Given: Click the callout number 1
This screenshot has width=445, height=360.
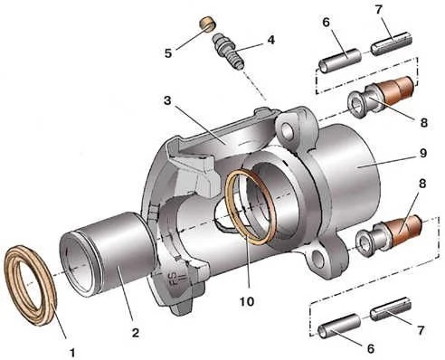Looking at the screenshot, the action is click(x=72, y=352).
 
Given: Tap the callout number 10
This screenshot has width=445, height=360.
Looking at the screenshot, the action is click(x=247, y=301).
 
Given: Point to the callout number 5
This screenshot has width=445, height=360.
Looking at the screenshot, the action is click(x=168, y=53).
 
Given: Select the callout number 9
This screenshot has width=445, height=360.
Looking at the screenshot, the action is click(x=271, y=40).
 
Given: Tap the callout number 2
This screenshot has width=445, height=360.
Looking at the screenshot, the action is click(x=136, y=333).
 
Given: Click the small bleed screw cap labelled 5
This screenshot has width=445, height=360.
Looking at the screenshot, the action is click(x=208, y=24).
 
